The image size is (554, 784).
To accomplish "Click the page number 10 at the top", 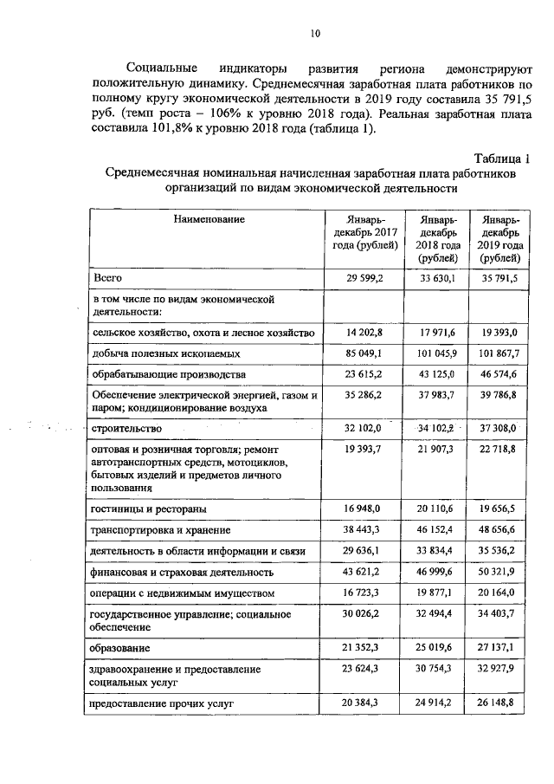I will click(x=315, y=34).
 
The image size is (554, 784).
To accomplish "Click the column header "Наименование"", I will click(x=209, y=220).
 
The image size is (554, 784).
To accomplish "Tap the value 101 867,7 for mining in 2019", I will click(x=499, y=353).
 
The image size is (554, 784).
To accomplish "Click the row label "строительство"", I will click(x=120, y=428).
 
